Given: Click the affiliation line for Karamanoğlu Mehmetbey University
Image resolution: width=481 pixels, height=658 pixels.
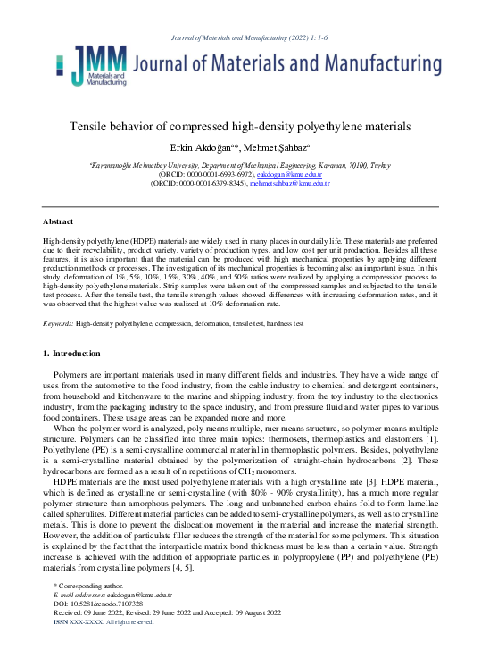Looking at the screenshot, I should coord(240,165).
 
